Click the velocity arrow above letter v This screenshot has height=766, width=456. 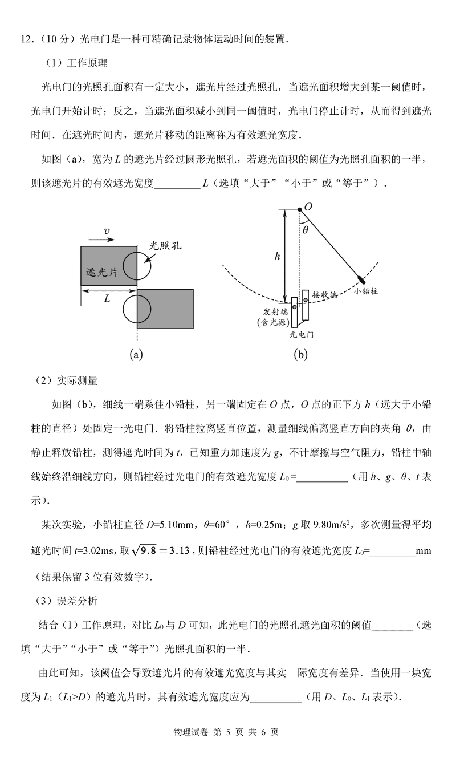coord(100,240)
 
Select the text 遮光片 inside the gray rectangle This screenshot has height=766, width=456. coord(101,272)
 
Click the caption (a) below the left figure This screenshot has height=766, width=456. coord(136,354)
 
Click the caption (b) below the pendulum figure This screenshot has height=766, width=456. coord(300,354)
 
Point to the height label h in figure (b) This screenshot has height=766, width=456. coord(277,256)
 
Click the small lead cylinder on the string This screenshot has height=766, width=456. coord(361,279)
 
